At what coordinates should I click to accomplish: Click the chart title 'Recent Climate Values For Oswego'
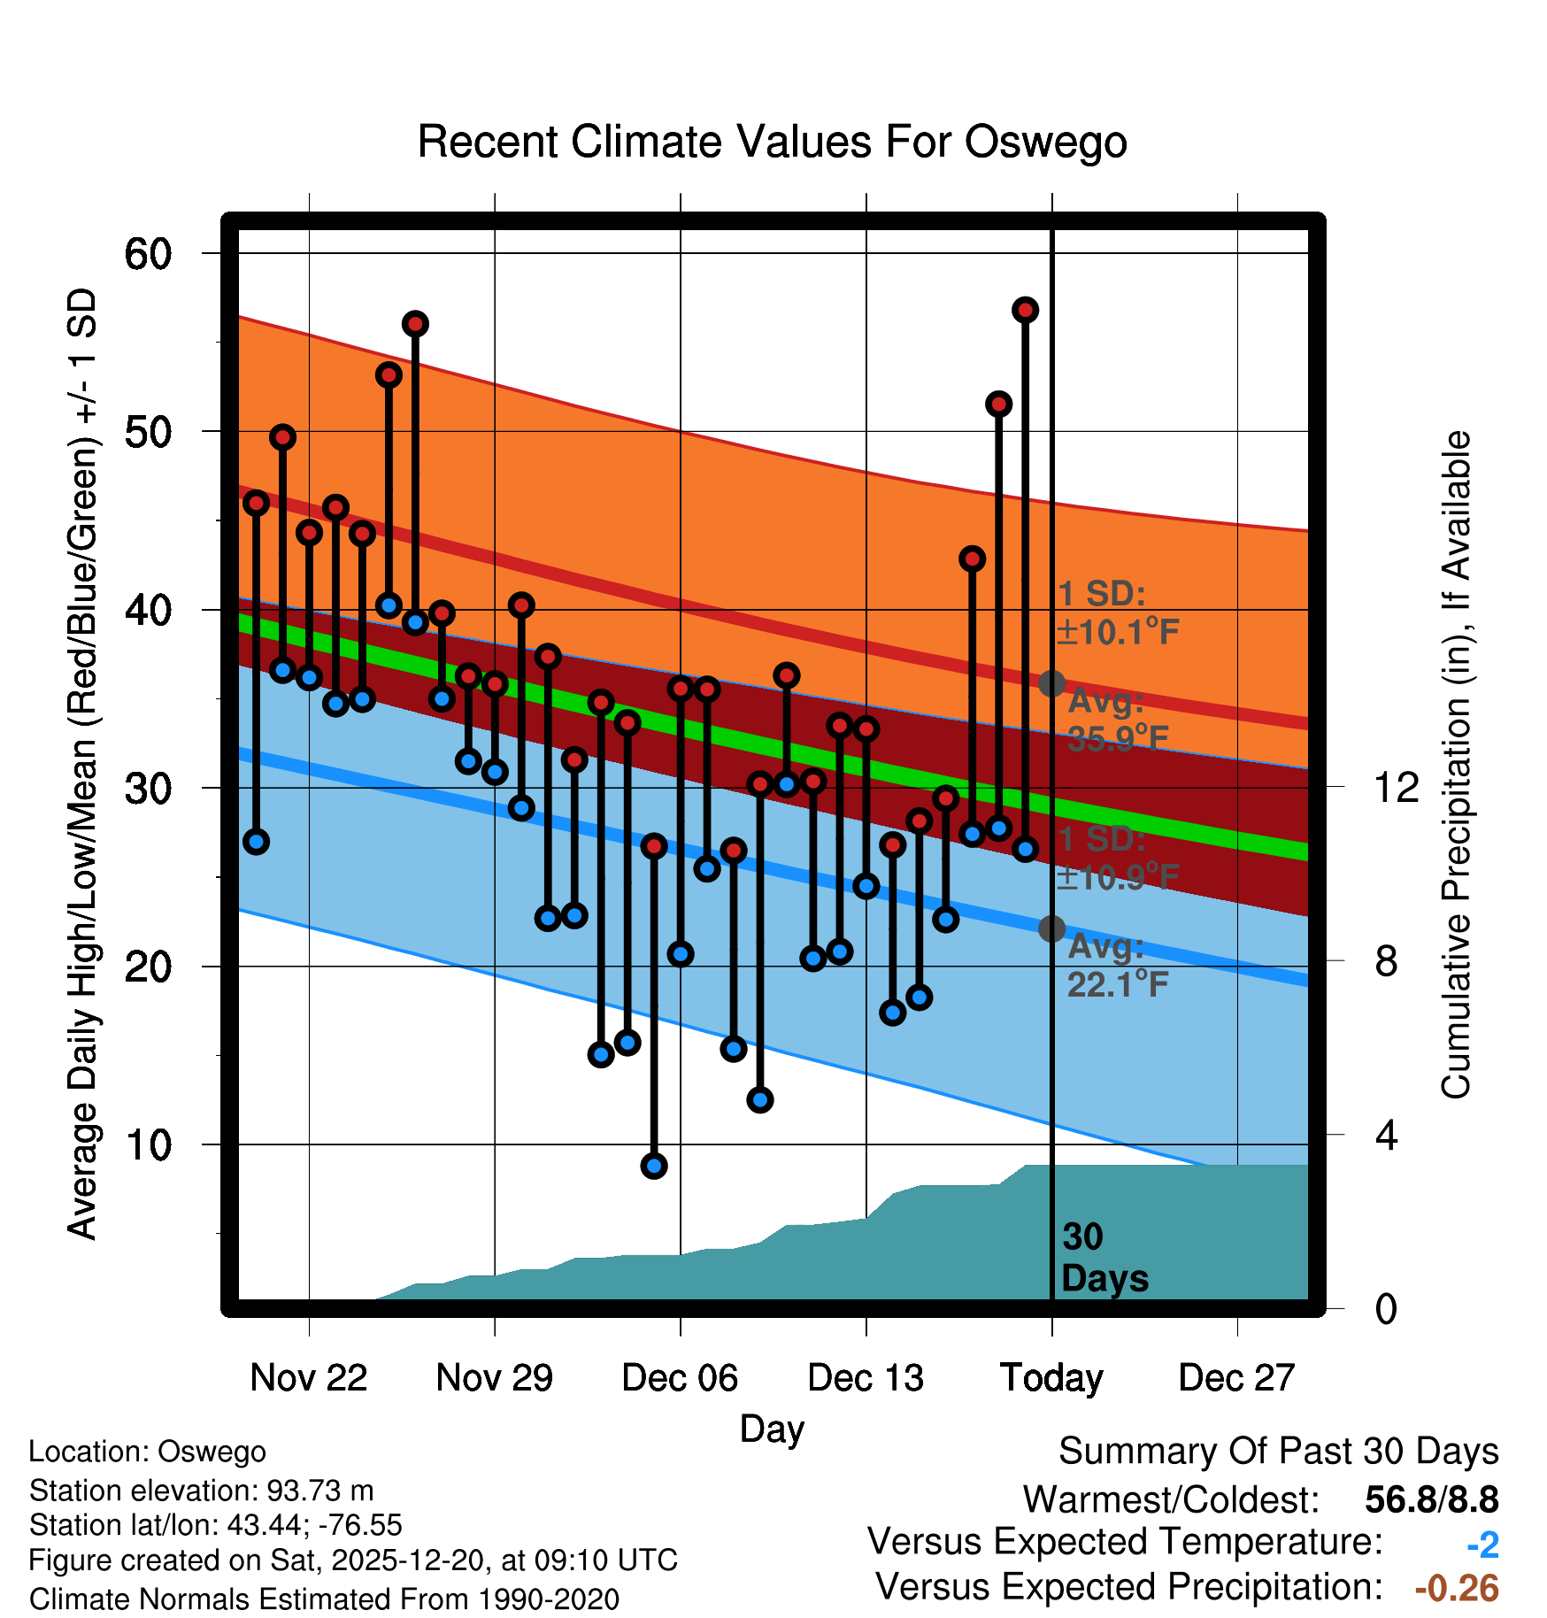772,142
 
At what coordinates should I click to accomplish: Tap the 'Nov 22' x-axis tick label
308,1378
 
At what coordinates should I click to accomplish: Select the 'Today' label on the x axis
1051,1378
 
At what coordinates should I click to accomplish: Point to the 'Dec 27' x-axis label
1236,1378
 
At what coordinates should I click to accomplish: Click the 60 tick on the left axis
148,254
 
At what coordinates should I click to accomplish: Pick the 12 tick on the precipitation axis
1396,787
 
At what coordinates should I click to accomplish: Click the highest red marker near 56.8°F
1026,310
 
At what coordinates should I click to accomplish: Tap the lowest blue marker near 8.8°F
654,1166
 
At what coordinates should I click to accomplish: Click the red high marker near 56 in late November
415,324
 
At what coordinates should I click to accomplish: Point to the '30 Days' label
1104,1258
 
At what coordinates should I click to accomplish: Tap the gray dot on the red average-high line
1051,683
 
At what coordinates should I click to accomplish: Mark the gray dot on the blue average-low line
1051,928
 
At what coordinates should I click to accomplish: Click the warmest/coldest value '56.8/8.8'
1431,1500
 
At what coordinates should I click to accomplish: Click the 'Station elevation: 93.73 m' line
202,1491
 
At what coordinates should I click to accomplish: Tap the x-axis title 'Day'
772,1429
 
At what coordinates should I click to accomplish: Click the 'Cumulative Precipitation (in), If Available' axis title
1456,766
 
